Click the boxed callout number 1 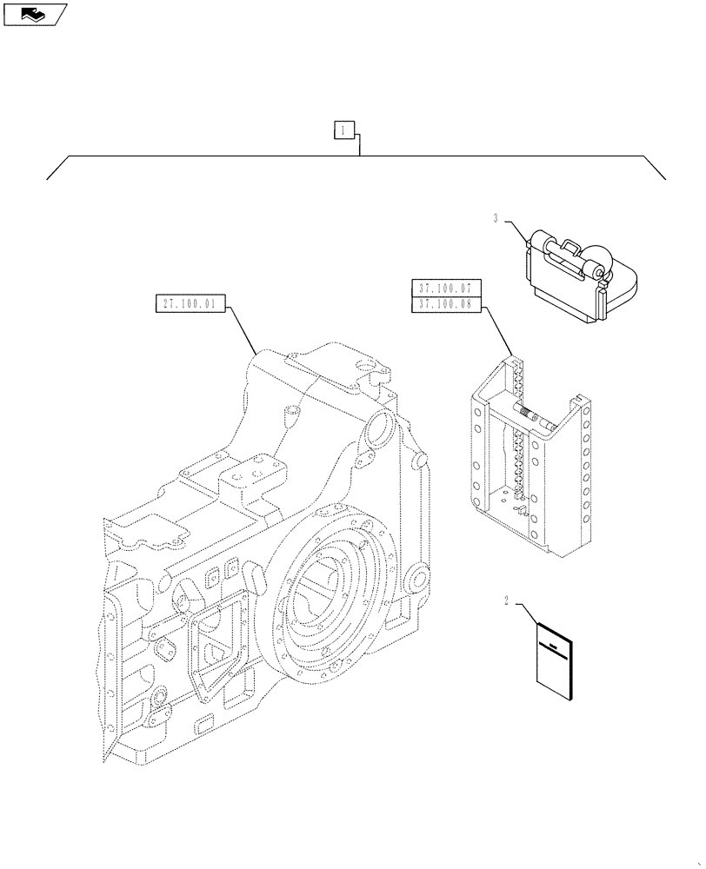click(x=344, y=130)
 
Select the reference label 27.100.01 click(x=190, y=304)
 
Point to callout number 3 click(x=496, y=219)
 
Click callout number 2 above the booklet click(x=505, y=600)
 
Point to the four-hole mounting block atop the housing click(x=252, y=475)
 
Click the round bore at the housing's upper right click(x=381, y=428)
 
